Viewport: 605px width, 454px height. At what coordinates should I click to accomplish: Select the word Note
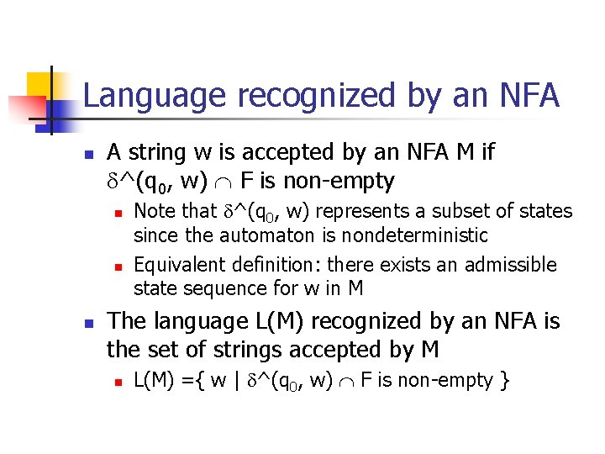(154, 211)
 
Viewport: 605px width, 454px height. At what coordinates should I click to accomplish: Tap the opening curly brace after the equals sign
(202, 380)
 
